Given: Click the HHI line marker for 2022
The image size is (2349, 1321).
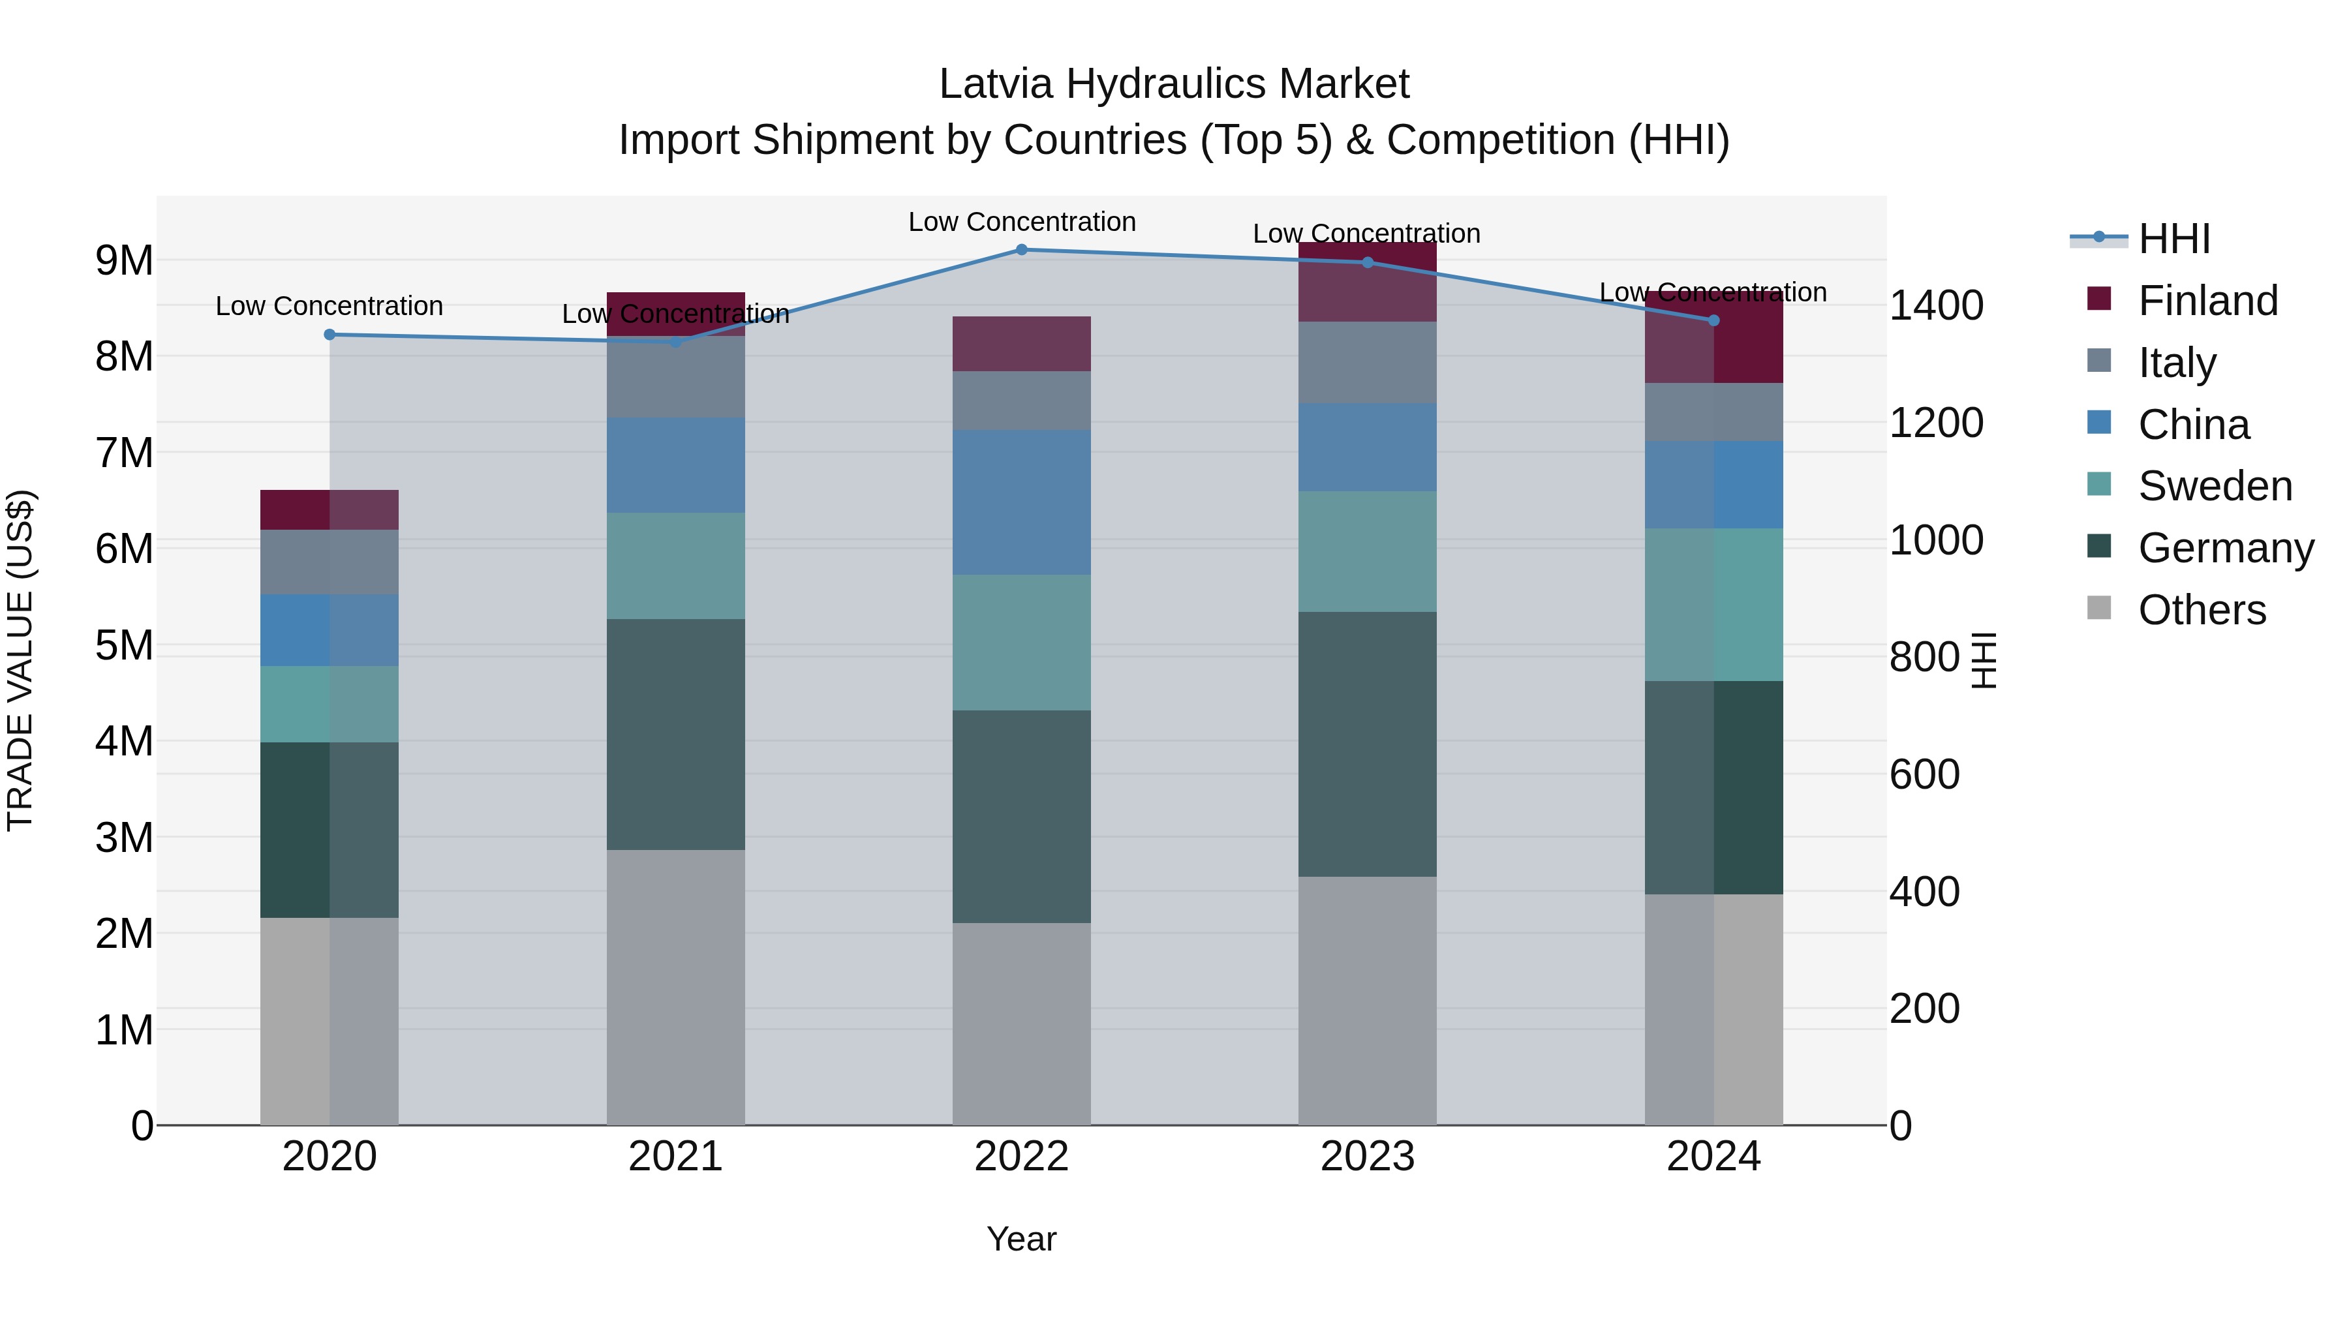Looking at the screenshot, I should coord(1021,250).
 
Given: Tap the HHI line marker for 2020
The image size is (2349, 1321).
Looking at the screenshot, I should coord(330,335).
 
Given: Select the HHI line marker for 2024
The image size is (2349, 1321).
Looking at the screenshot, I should coord(1713,320).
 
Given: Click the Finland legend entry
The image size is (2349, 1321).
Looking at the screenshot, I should coord(2207,301).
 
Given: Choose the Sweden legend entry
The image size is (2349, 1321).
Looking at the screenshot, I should coord(2214,486).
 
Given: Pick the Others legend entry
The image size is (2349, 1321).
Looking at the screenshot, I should coord(2202,610).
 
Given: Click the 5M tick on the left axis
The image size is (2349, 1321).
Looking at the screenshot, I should coord(124,645).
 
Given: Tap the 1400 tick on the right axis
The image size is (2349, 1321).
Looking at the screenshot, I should coord(1936,305).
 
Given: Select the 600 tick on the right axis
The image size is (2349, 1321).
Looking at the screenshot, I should coord(1924,775).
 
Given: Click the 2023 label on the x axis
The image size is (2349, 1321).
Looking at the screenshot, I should coord(1367,1157).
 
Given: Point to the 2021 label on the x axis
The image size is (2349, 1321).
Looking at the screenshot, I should coord(675,1157).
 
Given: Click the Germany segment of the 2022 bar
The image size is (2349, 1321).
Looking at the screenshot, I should coord(1021,816).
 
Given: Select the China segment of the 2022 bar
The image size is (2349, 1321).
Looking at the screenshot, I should coord(1021,502).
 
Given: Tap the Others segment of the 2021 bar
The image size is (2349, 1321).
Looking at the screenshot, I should coord(675,988).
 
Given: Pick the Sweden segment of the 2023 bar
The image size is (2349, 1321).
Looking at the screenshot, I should coord(1367,551).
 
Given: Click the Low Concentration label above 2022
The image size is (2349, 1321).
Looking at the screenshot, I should coord(1021,222).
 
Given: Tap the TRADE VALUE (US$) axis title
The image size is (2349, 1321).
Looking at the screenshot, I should coord(20,660).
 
